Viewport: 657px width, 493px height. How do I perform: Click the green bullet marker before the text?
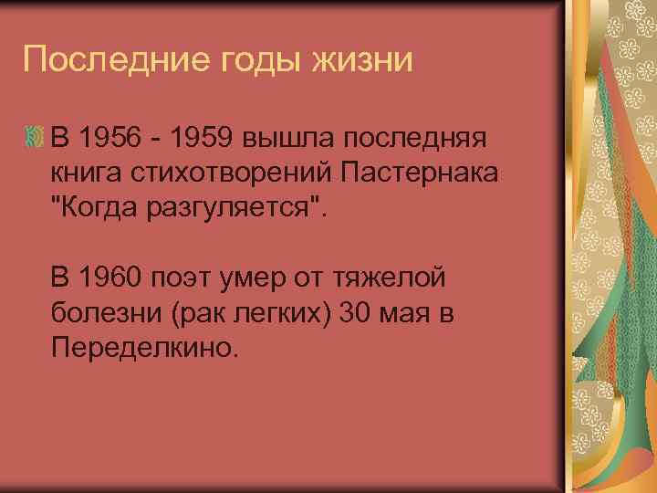(36, 139)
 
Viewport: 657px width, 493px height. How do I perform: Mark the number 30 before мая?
(354, 312)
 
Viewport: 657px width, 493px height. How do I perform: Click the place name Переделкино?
(143, 347)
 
